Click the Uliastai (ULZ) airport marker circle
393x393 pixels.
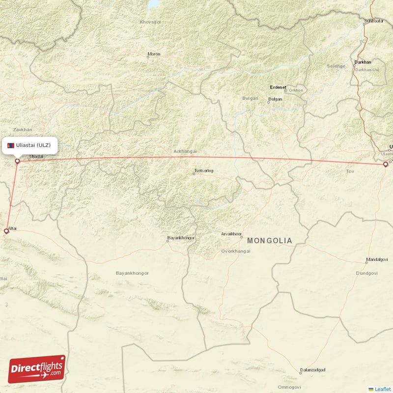17,161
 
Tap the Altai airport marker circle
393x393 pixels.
6,230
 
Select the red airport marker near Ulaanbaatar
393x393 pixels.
386,165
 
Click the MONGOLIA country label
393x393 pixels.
269,241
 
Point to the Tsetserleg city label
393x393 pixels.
204,171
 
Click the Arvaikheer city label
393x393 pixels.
231,234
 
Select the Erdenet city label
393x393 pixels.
278,87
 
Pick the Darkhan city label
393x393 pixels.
362,62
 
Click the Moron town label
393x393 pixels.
154,54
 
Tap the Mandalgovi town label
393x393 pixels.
377,260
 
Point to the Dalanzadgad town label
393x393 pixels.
312,370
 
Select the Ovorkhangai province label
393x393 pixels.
236,251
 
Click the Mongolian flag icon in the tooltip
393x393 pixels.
11,145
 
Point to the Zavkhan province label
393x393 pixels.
23,129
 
